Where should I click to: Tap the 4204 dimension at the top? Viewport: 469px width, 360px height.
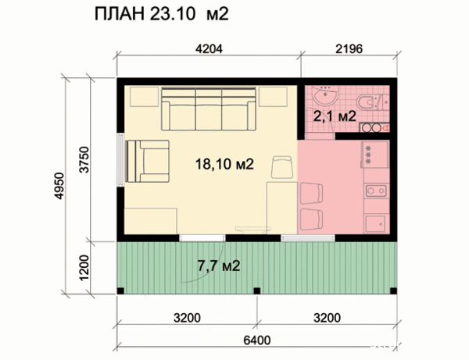point(208,48)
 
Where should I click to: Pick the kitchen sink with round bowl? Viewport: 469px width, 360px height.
point(373,188)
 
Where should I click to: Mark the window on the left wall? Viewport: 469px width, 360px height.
point(120,160)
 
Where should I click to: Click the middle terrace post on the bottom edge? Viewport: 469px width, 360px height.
point(256,292)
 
